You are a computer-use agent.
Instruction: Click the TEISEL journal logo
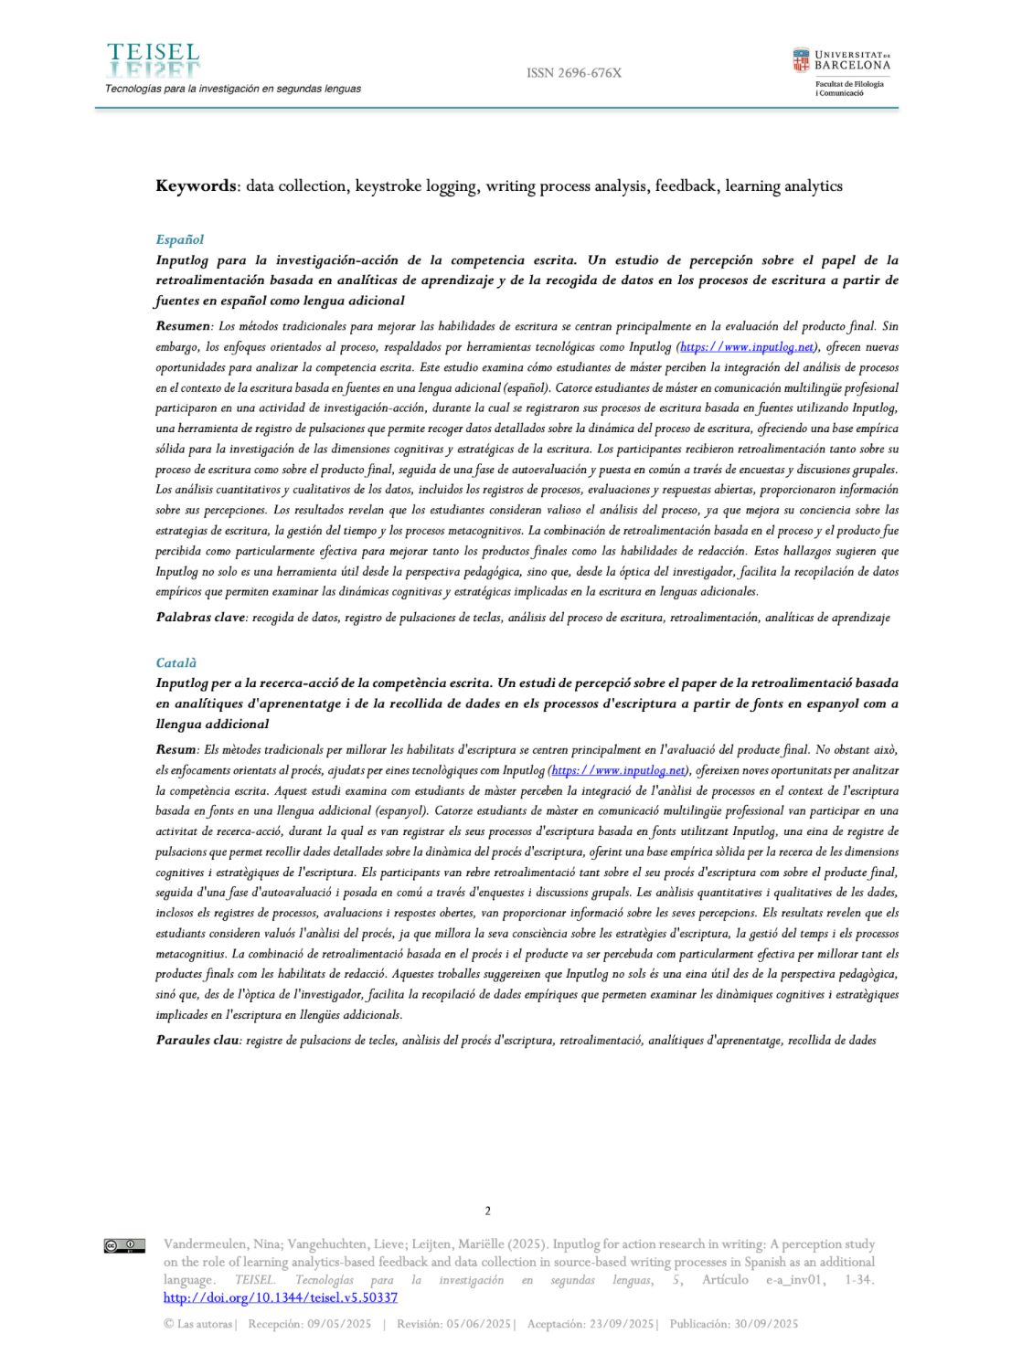point(154,60)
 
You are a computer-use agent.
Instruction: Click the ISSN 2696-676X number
point(573,73)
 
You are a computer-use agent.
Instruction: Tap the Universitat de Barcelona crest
point(801,60)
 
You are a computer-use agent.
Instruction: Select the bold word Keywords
point(197,186)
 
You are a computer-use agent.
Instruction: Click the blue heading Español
point(179,239)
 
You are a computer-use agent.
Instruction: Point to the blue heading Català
point(176,662)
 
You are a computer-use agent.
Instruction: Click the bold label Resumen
point(183,326)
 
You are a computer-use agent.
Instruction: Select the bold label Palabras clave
point(200,618)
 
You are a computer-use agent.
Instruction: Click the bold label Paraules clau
point(197,1040)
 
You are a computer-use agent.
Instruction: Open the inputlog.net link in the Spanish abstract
point(747,347)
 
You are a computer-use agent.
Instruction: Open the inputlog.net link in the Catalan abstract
point(619,770)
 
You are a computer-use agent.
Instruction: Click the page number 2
point(487,1211)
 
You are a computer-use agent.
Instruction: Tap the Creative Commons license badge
point(124,1245)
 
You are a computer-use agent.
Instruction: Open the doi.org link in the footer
point(280,1297)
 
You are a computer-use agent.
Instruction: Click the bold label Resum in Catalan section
point(176,749)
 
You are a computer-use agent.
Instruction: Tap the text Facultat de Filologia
point(849,84)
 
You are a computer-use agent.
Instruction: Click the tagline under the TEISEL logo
point(232,89)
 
